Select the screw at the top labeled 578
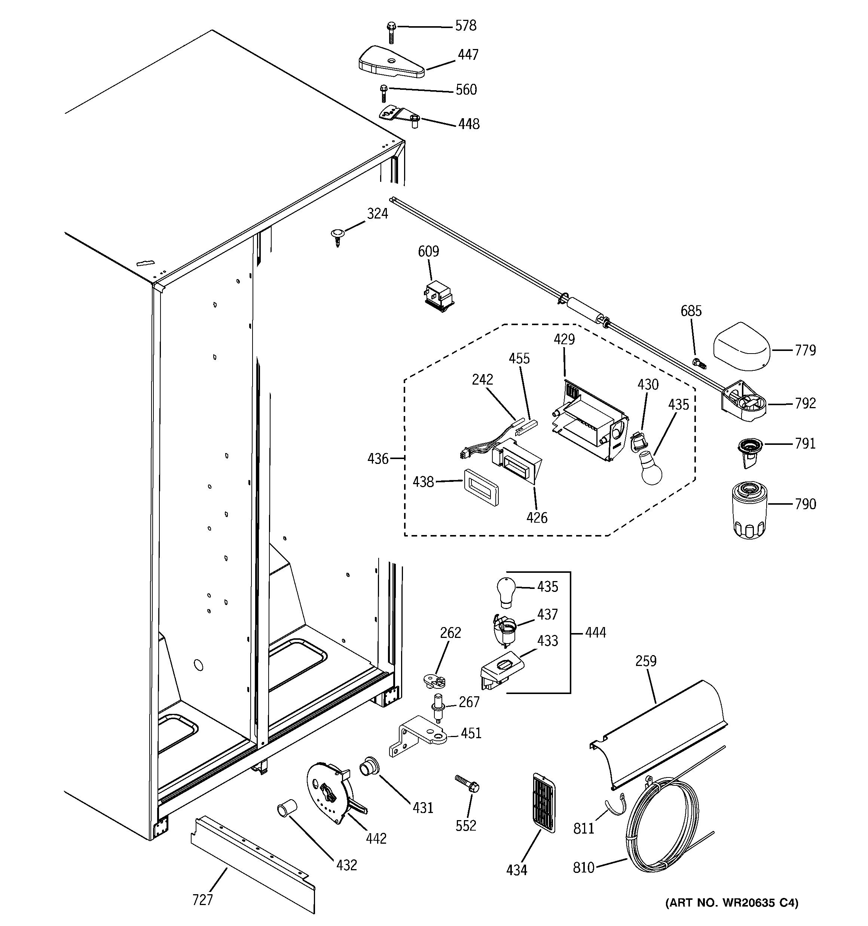click(391, 32)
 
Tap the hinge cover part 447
click(391, 62)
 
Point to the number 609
click(428, 251)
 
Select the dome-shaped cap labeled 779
click(741, 346)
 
